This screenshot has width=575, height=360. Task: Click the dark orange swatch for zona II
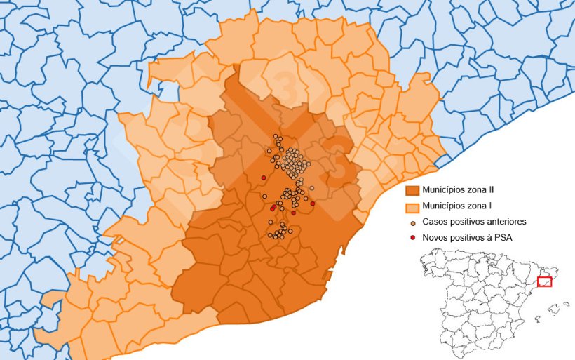pos(412,191)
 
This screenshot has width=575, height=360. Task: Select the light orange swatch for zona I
pos(412,207)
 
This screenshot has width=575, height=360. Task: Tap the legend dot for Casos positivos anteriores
pos(412,222)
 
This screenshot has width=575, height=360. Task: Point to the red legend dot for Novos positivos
pos(412,238)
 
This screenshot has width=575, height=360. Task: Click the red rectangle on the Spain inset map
pos(544,282)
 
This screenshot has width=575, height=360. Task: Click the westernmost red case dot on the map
pos(263,178)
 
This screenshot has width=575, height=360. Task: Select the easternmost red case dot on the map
pos(313,204)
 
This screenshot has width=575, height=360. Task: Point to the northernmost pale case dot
pos(276,136)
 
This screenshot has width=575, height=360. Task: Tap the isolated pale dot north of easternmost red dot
pos(311,188)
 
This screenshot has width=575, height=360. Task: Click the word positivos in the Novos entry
pos(468,238)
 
